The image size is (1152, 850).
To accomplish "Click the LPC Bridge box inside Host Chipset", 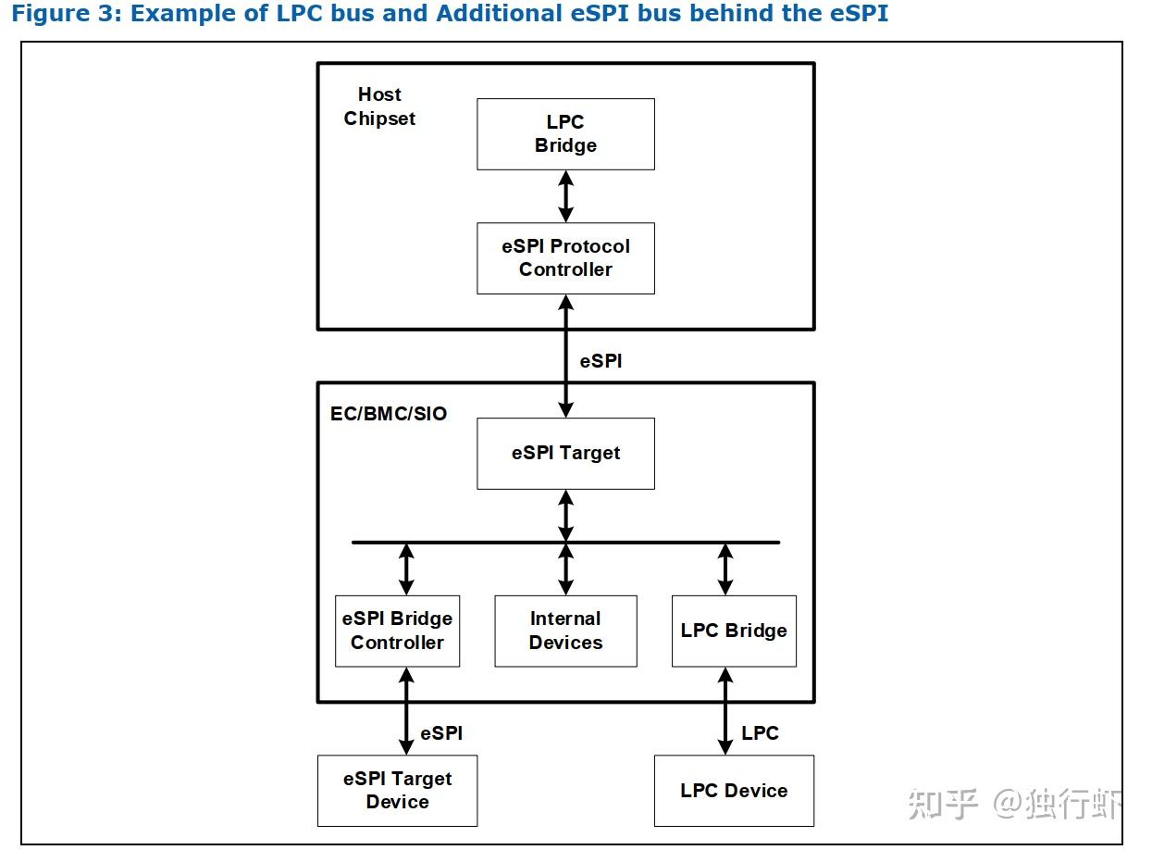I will (x=565, y=134).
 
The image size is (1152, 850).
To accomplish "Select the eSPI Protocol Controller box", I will (x=565, y=258).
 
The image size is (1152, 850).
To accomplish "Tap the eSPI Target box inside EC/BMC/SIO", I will (x=565, y=453).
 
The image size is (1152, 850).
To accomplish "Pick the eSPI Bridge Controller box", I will (x=397, y=631).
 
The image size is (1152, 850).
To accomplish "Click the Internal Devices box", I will (x=565, y=631).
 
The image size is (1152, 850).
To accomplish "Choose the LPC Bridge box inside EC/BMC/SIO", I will (x=734, y=631).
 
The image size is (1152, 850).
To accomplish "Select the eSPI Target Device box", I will (x=397, y=790).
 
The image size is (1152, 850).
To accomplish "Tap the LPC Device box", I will (x=734, y=790).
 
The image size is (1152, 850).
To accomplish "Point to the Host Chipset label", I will (x=379, y=106).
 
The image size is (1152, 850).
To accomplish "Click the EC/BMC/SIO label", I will (x=389, y=414).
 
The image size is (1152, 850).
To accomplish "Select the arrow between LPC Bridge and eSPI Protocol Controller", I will (x=565, y=196).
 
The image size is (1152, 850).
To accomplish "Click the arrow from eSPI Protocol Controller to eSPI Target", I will (x=565, y=356).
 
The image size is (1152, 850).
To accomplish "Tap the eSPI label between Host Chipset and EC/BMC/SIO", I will (x=601, y=361).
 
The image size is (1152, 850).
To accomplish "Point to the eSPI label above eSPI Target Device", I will (x=441, y=733).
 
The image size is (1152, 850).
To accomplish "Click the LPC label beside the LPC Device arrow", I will (x=760, y=733).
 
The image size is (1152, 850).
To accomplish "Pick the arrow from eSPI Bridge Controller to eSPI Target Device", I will (x=405, y=710).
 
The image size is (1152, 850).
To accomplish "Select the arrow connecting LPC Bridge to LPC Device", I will (x=725, y=710).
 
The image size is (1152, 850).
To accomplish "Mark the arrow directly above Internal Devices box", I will (x=565, y=569).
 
